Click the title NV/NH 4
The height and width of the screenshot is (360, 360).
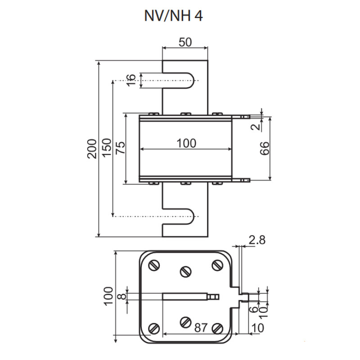[173, 16]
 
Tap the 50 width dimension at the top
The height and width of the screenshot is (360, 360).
[185, 42]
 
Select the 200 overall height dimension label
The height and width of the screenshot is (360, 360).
[92, 148]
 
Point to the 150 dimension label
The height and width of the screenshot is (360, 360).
[107, 148]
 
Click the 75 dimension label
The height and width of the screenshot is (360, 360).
[121, 148]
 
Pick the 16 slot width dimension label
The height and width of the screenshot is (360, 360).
[131, 80]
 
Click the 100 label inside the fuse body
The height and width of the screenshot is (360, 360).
[186, 143]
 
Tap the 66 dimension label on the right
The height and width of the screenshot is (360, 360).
[264, 148]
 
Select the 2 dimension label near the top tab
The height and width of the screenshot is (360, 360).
[256, 127]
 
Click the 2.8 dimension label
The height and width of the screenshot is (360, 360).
[257, 240]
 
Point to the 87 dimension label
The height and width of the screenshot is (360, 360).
[201, 328]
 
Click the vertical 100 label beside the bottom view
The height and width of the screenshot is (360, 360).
[108, 296]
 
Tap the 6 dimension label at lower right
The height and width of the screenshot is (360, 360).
[254, 309]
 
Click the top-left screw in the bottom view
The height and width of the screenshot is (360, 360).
[154, 265]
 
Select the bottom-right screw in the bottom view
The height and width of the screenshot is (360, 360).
[217, 328]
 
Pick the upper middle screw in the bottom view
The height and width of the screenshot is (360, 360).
[186, 271]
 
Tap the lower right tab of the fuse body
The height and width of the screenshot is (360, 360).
[241, 180]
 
